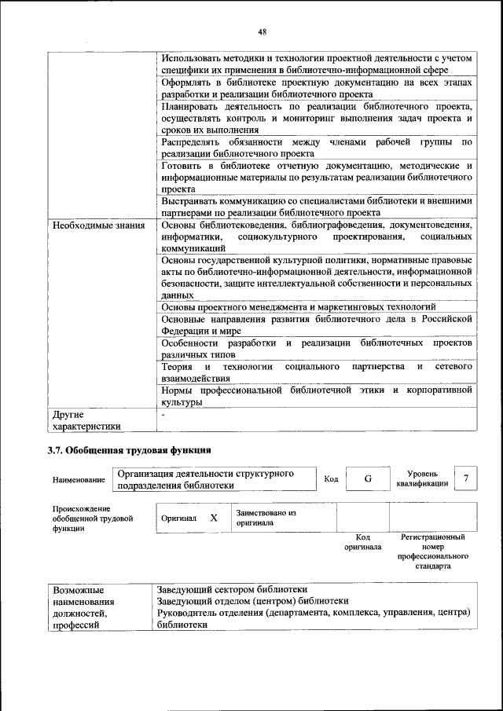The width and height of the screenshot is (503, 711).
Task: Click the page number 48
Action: click(x=262, y=31)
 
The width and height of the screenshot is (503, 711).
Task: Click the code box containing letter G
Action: click(x=367, y=478)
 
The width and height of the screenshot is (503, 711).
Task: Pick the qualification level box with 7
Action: click(x=468, y=478)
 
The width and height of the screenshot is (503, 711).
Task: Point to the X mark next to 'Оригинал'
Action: click(x=214, y=518)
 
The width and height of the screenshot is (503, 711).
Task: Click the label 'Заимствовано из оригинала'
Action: click(x=266, y=517)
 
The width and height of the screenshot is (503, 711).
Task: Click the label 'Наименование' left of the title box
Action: click(x=79, y=479)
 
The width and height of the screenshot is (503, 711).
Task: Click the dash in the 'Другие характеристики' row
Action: click(x=163, y=412)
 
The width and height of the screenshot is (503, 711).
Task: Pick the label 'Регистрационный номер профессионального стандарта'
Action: click(x=433, y=551)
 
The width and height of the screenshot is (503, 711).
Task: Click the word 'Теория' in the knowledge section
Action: click(x=177, y=367)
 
